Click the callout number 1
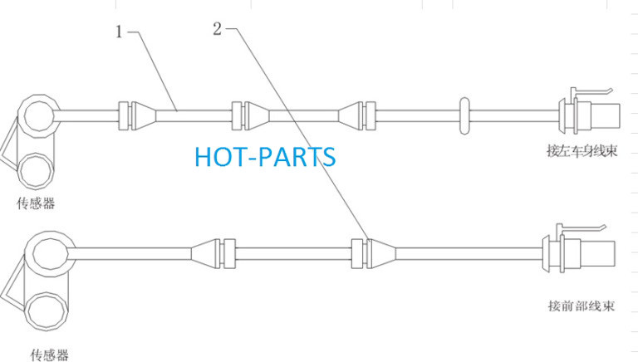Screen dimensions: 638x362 [x=119, y=32]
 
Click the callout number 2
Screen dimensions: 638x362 [x=218, y=28]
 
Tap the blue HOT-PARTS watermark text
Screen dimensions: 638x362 [x=265, y=157]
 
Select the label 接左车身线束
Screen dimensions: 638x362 [x=582, y=151]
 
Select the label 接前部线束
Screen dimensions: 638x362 [x=581, y=306]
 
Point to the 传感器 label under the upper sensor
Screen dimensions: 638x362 [x=36, y=203]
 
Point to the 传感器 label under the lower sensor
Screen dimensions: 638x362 [x=49, y=355]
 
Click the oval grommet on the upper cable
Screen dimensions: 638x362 [x=464, y=116]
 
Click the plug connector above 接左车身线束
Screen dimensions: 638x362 [x=589, y=115]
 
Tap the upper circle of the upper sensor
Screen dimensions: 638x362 [x=39, y=116]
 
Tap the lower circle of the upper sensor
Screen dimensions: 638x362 [x=36, y=171]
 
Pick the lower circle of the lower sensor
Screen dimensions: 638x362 [x=46, y=311]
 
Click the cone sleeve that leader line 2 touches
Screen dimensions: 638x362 [x=380, y=253]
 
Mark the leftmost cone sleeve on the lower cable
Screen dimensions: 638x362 [x=207, y=253]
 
